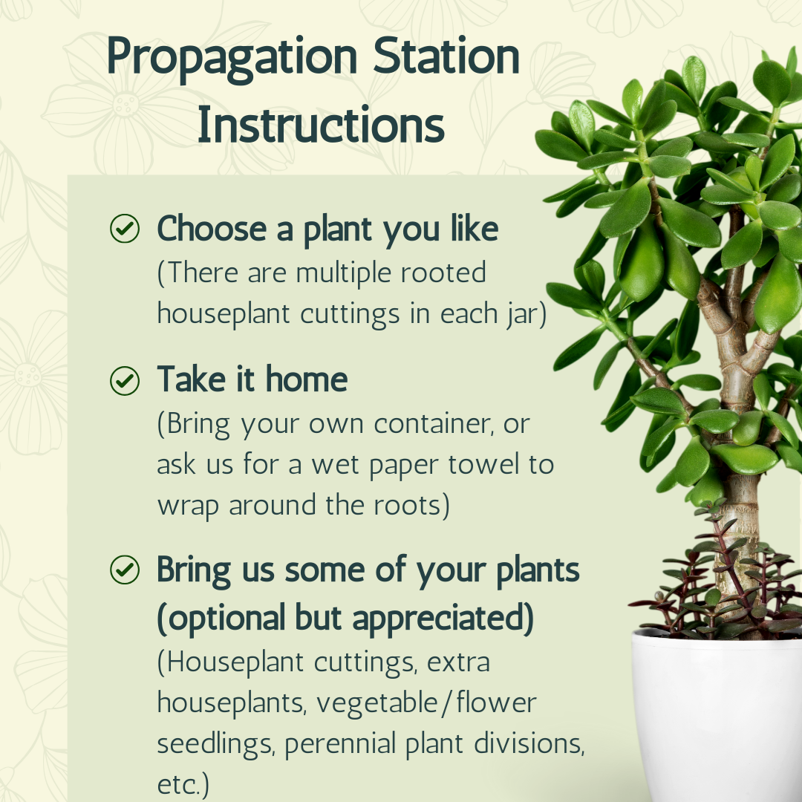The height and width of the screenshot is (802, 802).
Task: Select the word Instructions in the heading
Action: pyautogui.click(x=322, y=124)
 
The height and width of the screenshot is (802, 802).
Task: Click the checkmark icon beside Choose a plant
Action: pyautogui.click(x=125, y=228)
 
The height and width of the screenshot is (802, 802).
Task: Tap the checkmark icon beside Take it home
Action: pyautogui.click(x=125, y=380)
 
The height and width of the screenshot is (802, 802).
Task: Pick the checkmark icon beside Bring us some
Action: pyautogui.click(x=125, y=570)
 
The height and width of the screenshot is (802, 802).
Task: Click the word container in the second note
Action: pyautogui.click(x=434, y=424)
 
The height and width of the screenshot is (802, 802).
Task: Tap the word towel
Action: pyautogui.click(x=484, y=464)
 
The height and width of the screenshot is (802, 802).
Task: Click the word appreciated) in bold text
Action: pyautogui.click(x=443, y=619)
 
